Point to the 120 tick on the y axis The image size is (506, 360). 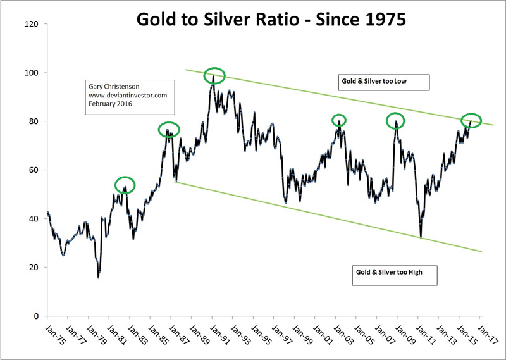[x=32, y=24]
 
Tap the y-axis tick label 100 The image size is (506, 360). [x=32, y=73]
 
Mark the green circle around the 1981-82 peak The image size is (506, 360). [x=125, y=185]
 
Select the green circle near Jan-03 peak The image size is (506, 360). [x=339, y=120]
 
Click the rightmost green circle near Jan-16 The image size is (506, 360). [x=472, y=120]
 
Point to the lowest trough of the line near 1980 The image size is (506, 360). [x=99, y=277]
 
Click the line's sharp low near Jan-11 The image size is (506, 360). [x=421, y=237]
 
